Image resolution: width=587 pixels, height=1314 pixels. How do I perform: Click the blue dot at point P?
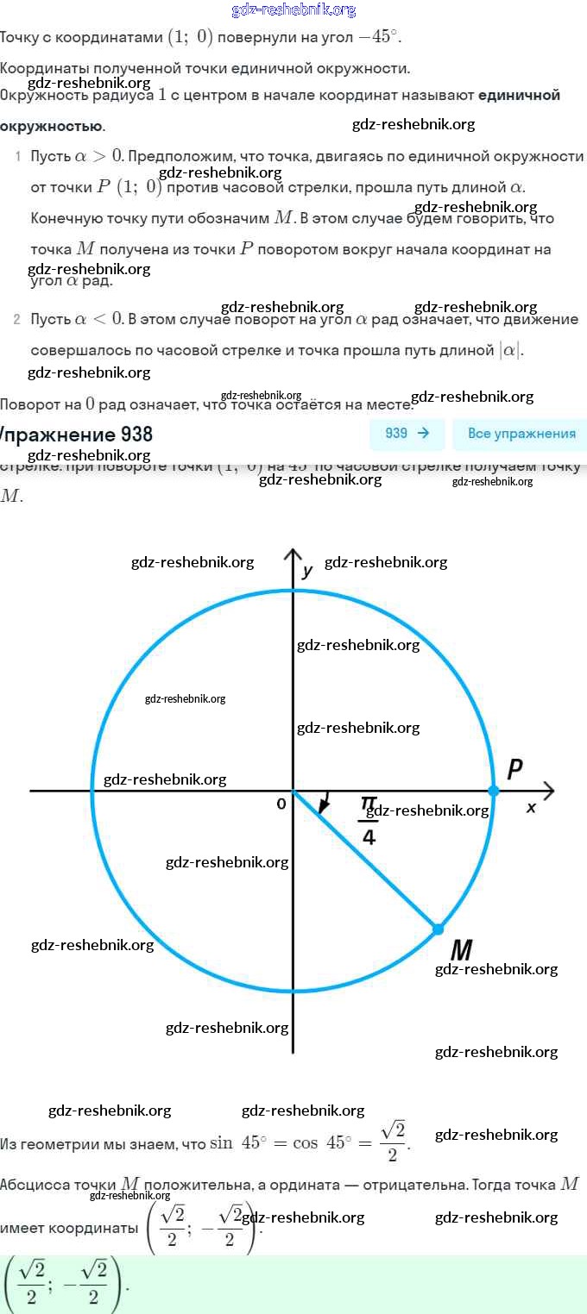(494, 790)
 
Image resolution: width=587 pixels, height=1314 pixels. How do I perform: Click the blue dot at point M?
(438, 929)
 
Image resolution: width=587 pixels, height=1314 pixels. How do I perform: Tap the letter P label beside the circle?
(514, 769)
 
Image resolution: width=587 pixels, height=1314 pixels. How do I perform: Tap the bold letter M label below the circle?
(462, 950)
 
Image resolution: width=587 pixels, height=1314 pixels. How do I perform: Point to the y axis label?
(307, 571)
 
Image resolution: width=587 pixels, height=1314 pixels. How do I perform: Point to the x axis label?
(531, 808)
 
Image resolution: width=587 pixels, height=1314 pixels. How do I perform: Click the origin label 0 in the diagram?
(281, 804)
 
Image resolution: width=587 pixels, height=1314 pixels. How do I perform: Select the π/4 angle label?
(369, 820)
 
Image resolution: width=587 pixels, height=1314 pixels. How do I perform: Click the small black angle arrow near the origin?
(324, 804)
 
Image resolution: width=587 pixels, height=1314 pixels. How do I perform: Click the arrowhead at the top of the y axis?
(293, 553)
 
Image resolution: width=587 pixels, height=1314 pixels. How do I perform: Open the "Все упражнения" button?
(521, 434)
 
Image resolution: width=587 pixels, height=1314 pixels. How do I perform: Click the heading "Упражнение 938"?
(78, 434)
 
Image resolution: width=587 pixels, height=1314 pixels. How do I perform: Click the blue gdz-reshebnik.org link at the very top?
(293, 10)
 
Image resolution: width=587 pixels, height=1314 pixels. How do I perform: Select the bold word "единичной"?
(519, 95)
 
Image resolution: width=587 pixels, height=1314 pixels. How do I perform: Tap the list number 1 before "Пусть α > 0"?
(17, 156)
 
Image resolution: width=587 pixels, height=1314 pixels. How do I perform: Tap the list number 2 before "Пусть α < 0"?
(17, 320)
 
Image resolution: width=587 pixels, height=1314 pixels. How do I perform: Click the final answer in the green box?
(65, 1285)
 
